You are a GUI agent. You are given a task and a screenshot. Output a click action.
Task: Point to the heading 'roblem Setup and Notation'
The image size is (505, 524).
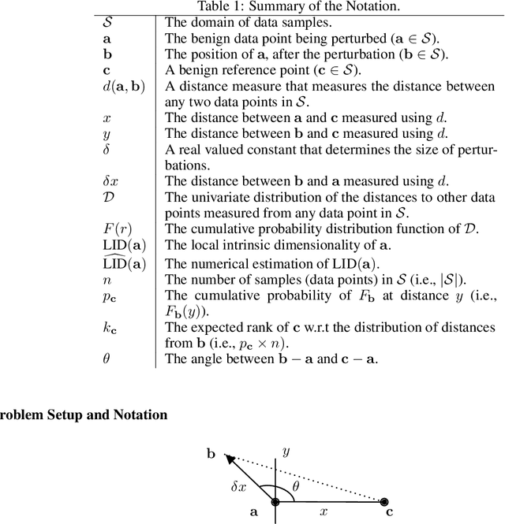click(x=83, y=414)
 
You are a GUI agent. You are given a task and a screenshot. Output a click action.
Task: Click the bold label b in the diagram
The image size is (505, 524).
click(x=211, y=453)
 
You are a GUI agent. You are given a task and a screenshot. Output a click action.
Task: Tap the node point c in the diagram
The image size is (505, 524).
click(x=384, y=501)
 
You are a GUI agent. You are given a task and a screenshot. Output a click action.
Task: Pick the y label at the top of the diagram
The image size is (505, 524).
click(x=286, y=451)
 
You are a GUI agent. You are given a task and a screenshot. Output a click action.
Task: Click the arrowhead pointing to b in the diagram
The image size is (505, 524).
click(x=228, y=457)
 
